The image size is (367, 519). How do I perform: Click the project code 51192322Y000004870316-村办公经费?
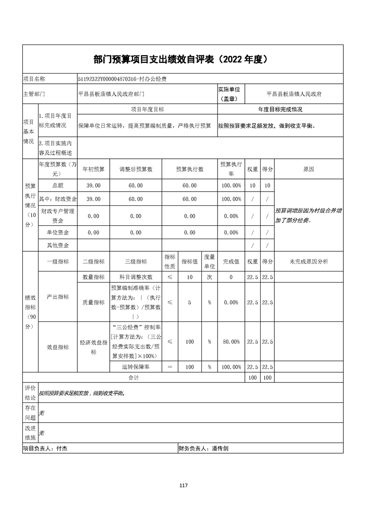point(122,79)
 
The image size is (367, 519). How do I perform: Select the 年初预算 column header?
point(93,169)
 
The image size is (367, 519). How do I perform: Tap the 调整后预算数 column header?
point(136,169)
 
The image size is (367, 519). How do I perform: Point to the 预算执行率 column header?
point(231,169)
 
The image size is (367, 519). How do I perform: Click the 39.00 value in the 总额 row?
point(93,185)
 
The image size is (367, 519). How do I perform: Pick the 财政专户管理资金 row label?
point(58,216)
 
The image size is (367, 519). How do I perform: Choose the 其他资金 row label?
point(58,245)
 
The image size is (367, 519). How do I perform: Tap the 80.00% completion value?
point(231,342)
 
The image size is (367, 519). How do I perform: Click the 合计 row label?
point(134,378)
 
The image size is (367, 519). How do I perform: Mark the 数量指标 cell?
point(93,277)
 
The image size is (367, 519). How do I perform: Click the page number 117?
point(183,485)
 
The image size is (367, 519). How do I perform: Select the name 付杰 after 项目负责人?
point(62,448)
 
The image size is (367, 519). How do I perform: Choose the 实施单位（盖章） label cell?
point(231,93)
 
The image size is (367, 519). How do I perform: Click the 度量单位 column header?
point(209,261)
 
